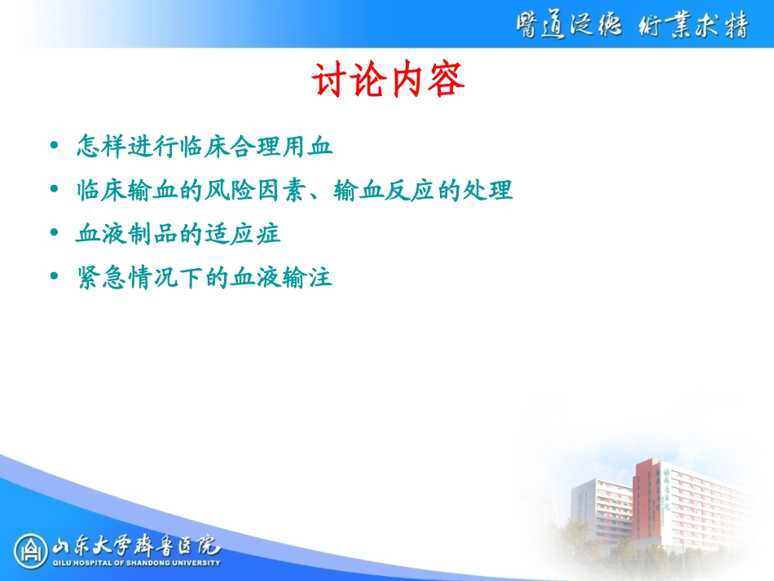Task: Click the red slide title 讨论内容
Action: [x=388, y=81]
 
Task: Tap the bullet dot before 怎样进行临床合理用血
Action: [x=54, y=146]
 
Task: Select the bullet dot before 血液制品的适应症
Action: [x=54, y=234]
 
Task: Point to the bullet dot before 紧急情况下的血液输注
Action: [x=54, y=278]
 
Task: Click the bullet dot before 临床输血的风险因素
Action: [x=54, y=190]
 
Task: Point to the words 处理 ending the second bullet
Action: [x=492, y=191]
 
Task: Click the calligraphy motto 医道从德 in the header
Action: [x=567, y=26]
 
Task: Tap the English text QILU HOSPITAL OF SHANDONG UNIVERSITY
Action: [x=135, y=563]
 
